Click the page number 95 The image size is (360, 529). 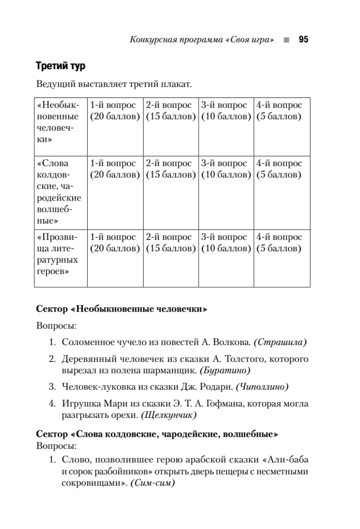[x=303, y=40]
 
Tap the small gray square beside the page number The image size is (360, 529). [x=287, y=40]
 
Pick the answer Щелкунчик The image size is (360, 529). [x=169, y=415]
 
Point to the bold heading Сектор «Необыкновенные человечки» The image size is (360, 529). [x=121, y=309]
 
